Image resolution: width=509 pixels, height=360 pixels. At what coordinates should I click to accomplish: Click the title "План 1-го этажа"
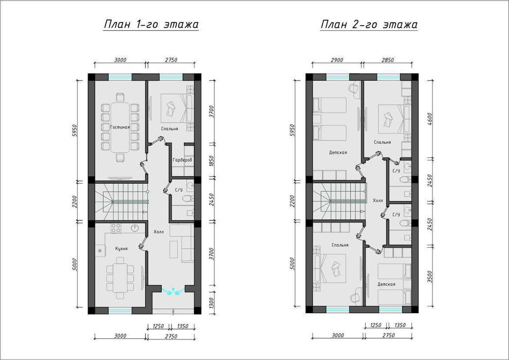click(151, 24)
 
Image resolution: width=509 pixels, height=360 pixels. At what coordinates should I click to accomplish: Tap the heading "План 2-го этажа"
click(369, 24)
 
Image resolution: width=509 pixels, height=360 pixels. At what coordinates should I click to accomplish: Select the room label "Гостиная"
click(120, 127)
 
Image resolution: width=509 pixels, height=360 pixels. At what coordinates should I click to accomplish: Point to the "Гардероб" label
click(182, 160)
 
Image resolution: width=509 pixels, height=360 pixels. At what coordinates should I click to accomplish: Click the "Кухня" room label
click(122, 249)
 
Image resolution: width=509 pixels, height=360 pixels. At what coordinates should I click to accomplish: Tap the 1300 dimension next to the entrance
click(212, 304)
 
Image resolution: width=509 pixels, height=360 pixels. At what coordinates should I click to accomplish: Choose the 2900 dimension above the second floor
click(336, 60)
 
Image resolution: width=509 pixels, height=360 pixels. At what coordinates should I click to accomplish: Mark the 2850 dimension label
click(387, 60)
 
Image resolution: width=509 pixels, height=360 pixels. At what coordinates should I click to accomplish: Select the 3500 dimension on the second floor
click(430, 277)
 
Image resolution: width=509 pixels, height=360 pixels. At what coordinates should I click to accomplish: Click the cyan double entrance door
click(173, 291)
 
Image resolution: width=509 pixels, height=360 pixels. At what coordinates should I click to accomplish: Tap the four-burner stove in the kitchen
click(116, 228)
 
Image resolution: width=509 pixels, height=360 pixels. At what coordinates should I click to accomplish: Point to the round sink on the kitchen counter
click(135, 228)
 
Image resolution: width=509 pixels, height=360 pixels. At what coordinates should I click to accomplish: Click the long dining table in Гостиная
click(120, 127)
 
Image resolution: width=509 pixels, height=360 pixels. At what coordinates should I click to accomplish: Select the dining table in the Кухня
click(120, 278)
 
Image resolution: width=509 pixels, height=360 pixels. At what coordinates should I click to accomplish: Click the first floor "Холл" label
click(159, 232)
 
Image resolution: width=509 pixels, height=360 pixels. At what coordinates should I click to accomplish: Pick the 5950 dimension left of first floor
click(75, 130)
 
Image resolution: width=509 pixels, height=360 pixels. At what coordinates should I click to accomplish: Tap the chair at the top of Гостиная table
click(120, 97)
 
